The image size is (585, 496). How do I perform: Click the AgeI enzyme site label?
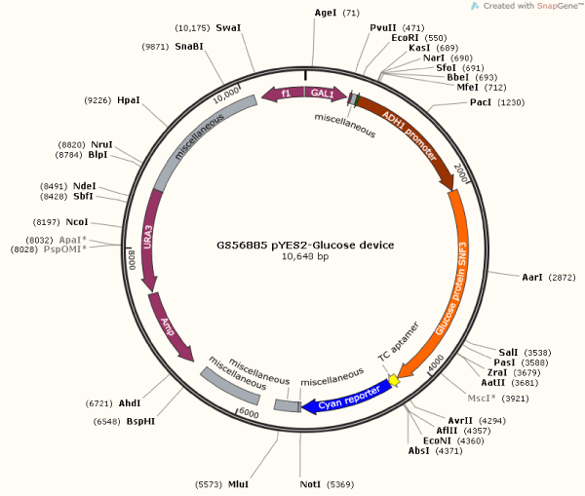click(325, 13)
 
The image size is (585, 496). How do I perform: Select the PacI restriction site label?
click(480, 101)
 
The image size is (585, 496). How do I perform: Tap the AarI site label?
click(531, 278)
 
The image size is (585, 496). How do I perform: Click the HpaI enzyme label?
click(129, 99)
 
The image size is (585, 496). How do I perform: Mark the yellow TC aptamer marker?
click(393, 378)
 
